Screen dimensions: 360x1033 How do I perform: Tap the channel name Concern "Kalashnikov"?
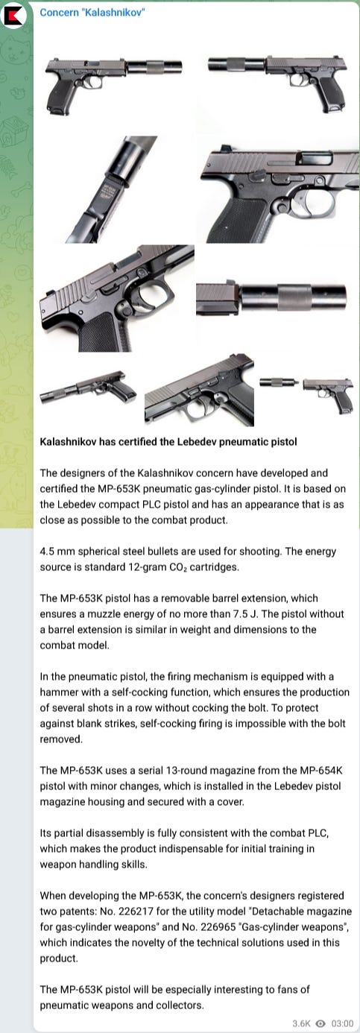[92, 13]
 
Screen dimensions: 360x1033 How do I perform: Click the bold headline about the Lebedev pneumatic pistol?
[168, 442]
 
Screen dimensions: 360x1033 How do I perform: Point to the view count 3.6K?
[301, 1023]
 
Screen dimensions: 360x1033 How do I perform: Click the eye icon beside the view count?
[320, 1023]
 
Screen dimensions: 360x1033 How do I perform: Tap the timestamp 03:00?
[342, 1023]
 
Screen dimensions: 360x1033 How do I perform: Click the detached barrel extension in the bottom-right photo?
[279, 382]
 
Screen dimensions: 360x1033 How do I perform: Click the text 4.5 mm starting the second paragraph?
[57, 551]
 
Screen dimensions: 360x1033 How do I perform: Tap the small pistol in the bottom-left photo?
[88, 388]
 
